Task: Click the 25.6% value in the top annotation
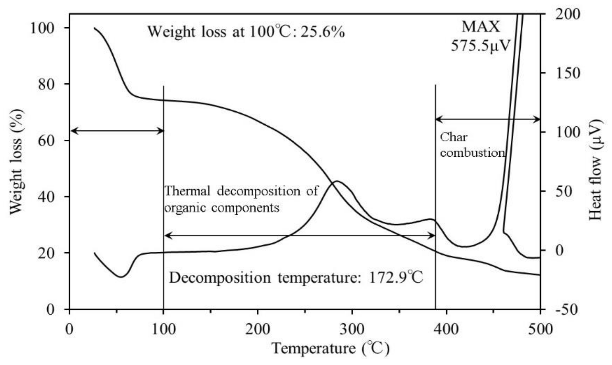pyautogui.click(x=323, y=32)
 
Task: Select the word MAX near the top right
pyautogui.click(x=481, y=27)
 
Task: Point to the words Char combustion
pyautogui.click(x=472, y=145)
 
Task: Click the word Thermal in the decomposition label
pyautogui.click(x=187, y=191)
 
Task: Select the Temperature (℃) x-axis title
pyautogui.click(x=331, y=348)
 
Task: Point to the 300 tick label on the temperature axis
pyautogui.click(x=352, y=329)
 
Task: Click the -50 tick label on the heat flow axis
pyautogui.click(x=566, y=310)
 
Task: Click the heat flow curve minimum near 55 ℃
pyautogui.click(x=121, y=277)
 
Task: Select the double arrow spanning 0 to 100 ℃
pyautogui.click(x=117, y=131)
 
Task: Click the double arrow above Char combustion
pyautogui.click(x=488, y=120)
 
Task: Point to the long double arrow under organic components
pyautogui.click(x=299, y=236)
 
